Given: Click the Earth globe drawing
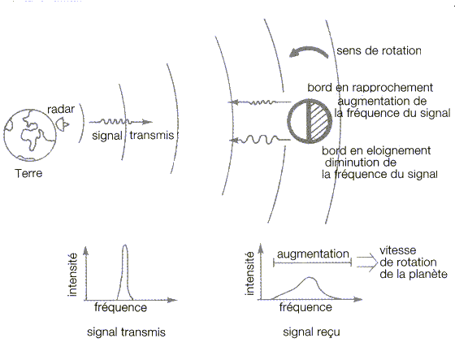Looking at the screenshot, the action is click(30, 135).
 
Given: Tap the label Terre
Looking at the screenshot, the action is click(28, 173).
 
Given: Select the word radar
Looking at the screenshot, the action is click(61, 110).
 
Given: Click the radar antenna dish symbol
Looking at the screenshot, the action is click(63, 124).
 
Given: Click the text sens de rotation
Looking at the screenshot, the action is click(379, 51).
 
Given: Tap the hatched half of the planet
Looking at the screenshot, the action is click(320, 121).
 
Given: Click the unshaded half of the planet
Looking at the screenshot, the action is click(299, 121).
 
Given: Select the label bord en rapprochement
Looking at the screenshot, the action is click(370, 88).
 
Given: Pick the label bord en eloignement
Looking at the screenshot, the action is click(376, 150).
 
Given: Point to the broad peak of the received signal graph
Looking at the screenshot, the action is click(310, 279).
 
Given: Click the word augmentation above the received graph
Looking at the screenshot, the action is click(313, 254).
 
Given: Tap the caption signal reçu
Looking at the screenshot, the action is click(311, 332).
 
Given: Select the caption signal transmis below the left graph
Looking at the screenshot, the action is click(126, 332).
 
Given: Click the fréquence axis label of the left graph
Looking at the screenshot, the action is click(121, 307).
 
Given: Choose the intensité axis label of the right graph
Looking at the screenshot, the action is click(249, 274).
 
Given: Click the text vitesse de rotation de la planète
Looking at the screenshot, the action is click(414, 262).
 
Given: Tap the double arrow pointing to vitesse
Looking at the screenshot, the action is click(367, 262).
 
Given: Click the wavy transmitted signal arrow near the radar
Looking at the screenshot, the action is click(120, 122).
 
